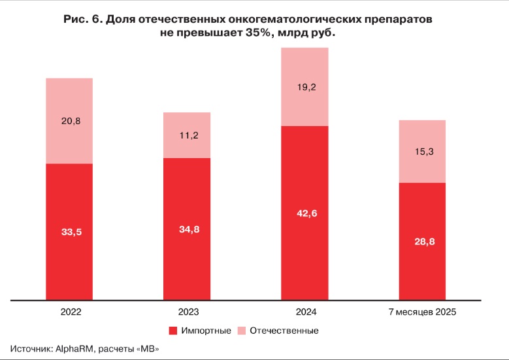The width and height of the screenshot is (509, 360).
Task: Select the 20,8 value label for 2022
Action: point(69,120)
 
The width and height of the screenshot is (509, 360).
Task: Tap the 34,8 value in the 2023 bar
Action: point(186,229)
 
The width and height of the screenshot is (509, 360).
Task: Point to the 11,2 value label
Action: point(186,135)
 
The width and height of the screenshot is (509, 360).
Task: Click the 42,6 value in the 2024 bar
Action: point(304,211)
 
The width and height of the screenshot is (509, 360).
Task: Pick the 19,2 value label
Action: point(304,87)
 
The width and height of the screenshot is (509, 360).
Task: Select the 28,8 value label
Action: point(421,242)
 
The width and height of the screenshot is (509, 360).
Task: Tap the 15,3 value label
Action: point(421,152)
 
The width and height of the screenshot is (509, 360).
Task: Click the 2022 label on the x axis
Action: point(69,312)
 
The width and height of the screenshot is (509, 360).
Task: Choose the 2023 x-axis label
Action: point(186,312)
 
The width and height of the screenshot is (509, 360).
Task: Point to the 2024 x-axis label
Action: point(304,312)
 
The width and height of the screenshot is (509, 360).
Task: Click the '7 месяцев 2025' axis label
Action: point(421,312)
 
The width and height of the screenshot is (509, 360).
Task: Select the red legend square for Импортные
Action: point(173,331)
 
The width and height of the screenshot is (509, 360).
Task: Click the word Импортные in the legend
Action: point(206,331)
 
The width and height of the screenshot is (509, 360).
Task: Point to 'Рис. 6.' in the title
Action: point(82,20)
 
